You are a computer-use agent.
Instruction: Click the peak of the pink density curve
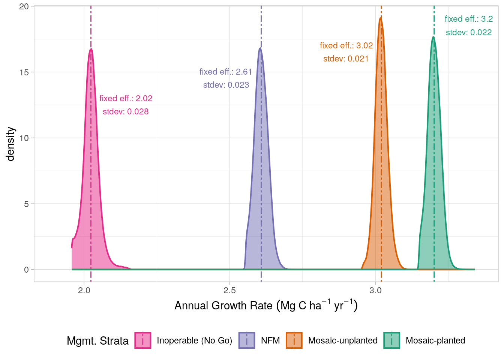pyautogui.click(x=90, y=49)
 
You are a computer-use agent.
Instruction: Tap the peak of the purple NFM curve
pyautogui.click(x=260, y=48)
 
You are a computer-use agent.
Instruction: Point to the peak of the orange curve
pyautogui.click(x=380, y=18)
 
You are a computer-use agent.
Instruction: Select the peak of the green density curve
pyautogui.click(x=433, y=37)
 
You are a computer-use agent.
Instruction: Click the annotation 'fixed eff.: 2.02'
pyautogui.click(x=126, y=98)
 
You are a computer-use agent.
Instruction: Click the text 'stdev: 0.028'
pyautogui.click(x=126, y=111)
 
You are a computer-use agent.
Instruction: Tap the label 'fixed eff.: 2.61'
pyautogui.click(x=226, y=72)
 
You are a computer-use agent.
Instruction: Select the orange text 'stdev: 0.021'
pyautogui.click(x=346, y=58)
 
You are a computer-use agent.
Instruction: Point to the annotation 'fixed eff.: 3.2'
pyautogui.click(x=468, y=19)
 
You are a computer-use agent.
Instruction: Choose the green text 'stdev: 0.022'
pyautogui.click(x=468, y=32)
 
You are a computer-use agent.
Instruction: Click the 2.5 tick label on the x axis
pyautogui.click(x=229, y=290)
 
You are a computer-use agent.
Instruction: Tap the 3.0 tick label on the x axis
pyautogui.click(x=375, y=290)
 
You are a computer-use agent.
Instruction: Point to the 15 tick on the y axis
pyautogui.click(x=24, y=72)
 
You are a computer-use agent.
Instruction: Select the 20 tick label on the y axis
pyautogui.click(x=24, y=7)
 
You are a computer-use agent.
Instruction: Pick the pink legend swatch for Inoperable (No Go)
pyautogui.click(x=143, y=340)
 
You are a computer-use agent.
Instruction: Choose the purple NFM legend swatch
pyautogui.click(x=247, y=340)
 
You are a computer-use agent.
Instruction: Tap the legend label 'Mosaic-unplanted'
pyautogui.click(x=343, y=340)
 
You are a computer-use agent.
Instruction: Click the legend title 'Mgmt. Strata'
pyautogui.click(x=97, y=341)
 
